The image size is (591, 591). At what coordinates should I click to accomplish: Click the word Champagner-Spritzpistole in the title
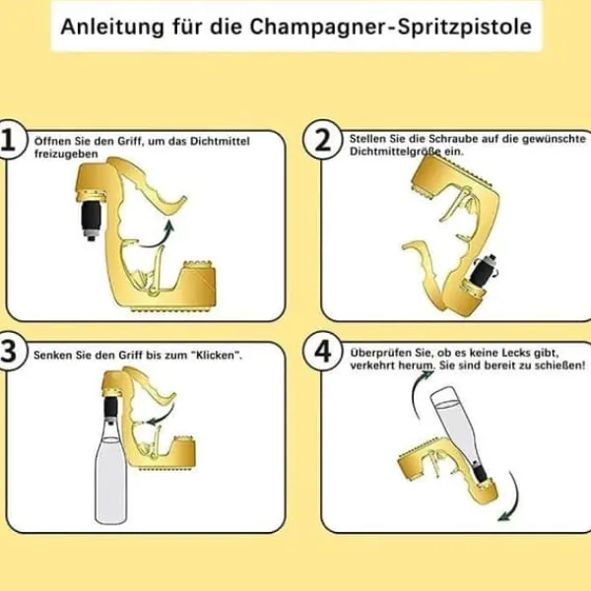390,27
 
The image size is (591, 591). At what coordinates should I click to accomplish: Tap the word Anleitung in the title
112,27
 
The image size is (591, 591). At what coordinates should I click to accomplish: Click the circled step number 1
9,140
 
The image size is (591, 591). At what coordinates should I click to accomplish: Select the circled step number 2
322,140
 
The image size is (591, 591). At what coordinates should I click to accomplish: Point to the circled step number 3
9,352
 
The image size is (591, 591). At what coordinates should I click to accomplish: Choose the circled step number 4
322,352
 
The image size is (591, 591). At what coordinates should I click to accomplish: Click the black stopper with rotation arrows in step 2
485,269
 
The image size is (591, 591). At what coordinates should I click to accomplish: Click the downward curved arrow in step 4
513,497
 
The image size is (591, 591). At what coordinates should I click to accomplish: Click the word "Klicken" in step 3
219,356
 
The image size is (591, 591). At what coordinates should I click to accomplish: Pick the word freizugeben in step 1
66,154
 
